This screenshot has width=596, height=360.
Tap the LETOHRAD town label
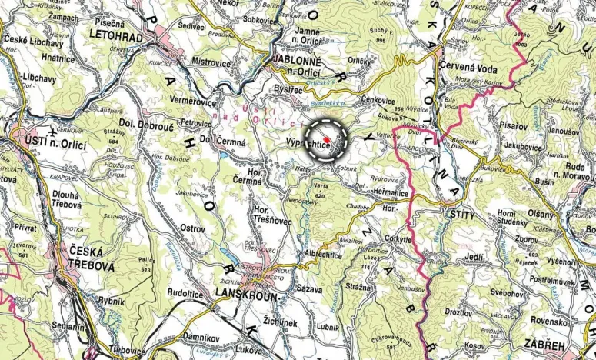[x=116, y=35]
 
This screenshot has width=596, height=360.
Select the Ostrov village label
[x=191, y=228]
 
